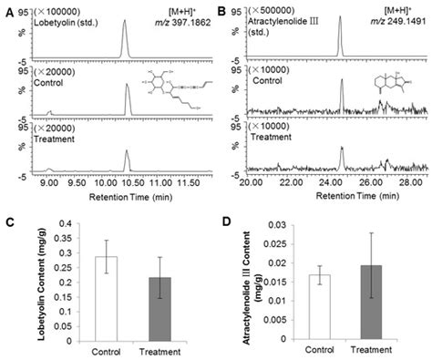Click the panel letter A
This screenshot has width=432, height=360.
click(x=6, y=6)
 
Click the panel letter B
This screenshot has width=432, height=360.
click(x=223, y=6)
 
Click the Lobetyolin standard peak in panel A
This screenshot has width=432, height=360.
click(x=126, y=36)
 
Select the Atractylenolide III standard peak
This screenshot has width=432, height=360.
click(x=339, y=36)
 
